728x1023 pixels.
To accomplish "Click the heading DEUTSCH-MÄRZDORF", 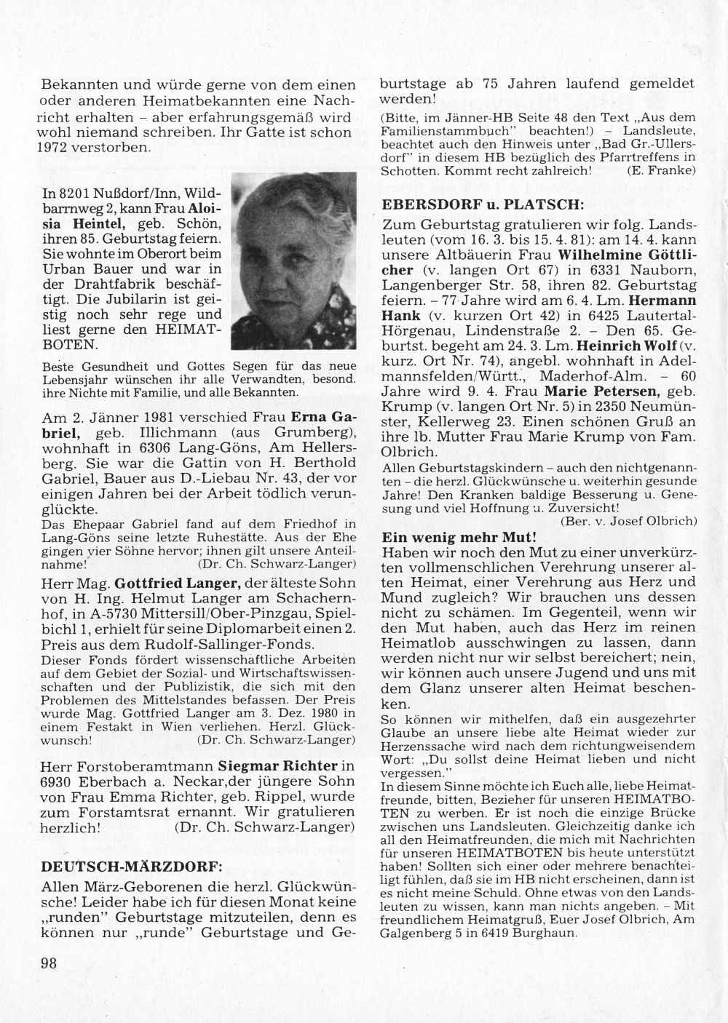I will (x=132, y=867).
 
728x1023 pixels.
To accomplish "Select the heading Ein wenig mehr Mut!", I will (x=459, y=538).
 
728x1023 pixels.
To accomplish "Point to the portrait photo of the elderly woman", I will (x=293, y=260).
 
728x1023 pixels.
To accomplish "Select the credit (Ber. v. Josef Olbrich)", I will (x=629, y=521).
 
